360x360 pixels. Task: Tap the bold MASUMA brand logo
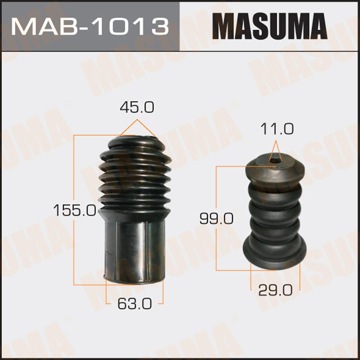(270, 26)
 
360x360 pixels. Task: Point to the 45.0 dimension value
(137, 107)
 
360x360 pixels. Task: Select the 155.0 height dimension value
(75, 210)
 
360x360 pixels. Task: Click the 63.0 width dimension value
(135, 304)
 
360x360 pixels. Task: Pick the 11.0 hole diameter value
(277, 129)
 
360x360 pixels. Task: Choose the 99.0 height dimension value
(216, 219)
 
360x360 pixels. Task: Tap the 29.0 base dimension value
(275, 291)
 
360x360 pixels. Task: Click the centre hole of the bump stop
(275, 161)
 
